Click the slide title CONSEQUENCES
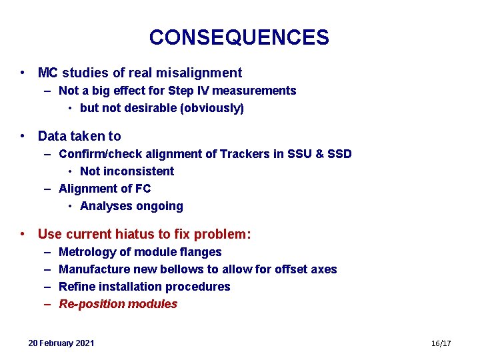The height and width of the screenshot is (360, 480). pyautogui.click(x=239, y=37)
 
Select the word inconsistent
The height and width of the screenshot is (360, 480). pyautogui.click(x=138, y=171)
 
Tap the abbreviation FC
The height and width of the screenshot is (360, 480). pyautogui.click(x=142, y=189)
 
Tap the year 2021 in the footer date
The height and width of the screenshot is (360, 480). pyautogui.click(x=85, y=343)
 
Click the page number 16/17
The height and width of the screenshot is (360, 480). pyautogui.click(x=441, y=343)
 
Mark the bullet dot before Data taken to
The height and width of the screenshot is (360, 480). pyautogui.click(x=23, y=136)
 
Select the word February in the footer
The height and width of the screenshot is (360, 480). pyautogui.click(x=56, y=343)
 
